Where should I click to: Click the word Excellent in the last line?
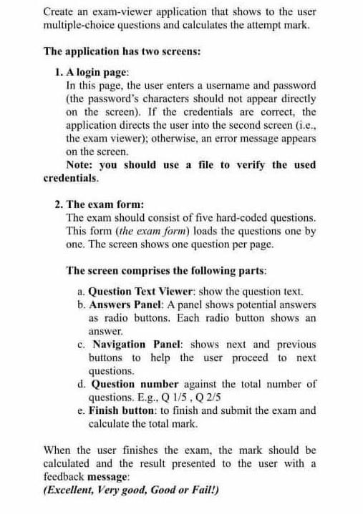point(70,490)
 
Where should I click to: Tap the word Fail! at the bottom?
point(205,490)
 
